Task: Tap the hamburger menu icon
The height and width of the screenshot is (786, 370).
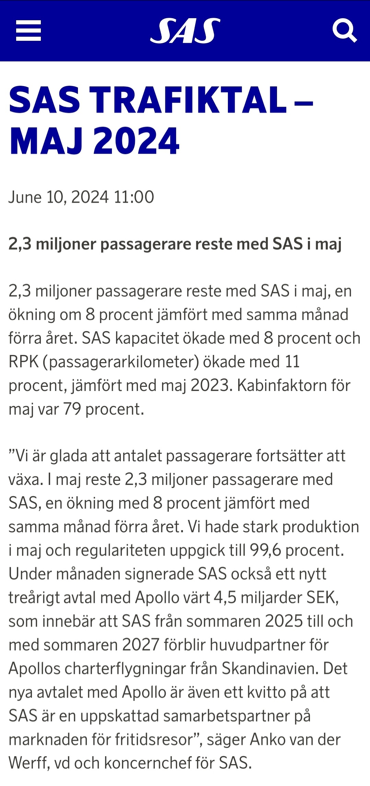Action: pos(28,31)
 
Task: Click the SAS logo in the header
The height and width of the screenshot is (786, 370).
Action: pos(185,31)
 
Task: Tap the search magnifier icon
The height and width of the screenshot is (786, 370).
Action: pos(344,31)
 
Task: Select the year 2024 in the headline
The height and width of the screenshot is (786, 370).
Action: pos(136,141)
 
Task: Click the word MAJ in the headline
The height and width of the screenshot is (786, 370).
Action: pos(46,141)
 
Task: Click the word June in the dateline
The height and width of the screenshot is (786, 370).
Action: pos(25,197)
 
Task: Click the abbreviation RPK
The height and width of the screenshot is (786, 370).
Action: pos(23,362)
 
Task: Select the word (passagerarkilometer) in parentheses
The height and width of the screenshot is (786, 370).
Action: pos(120,362)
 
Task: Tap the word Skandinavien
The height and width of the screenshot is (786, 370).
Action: pos(270,669)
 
